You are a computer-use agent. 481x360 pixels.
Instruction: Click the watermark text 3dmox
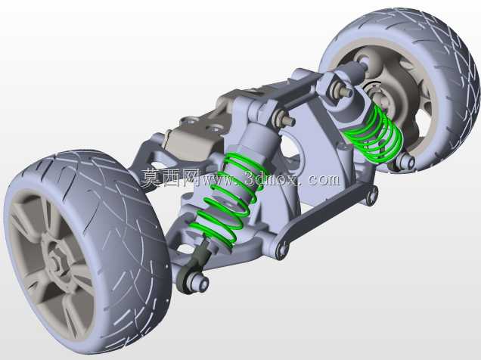(x=272, y=178)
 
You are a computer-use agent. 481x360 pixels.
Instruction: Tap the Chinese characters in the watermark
(x=171, y=178)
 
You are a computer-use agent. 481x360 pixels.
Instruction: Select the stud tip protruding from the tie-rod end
(x=203, y=284)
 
